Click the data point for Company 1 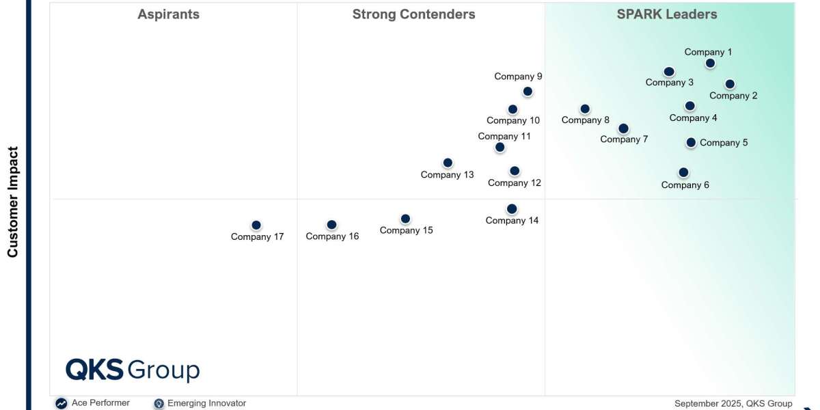[710, 64]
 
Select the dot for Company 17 [256, 225]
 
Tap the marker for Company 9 [528, 92]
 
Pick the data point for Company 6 [683, 172]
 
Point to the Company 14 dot [512, 209]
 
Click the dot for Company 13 [448, 163]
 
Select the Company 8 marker [585, 109]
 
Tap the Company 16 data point [331, 225]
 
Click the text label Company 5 [724, 143]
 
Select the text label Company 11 [504, 136]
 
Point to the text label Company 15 [407, 230]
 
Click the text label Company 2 [733, 96]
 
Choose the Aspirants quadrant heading [168, 14]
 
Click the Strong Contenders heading [413, 14]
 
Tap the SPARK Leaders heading [667, 14]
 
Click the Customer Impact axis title [12, 202]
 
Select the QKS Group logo [133, 370]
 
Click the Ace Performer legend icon [61, 403]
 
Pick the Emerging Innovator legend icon [159, 403]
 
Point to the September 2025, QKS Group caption [733, 403]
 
